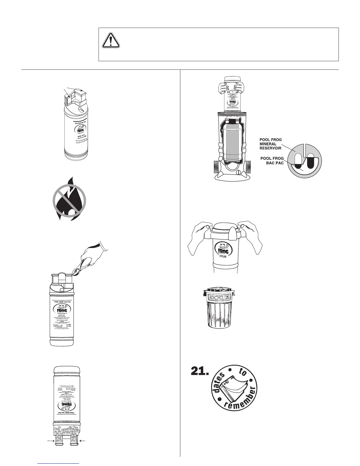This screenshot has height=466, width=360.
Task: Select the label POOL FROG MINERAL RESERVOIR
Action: (270, 144)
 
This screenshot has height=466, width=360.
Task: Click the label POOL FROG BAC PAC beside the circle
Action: (272, 161)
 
